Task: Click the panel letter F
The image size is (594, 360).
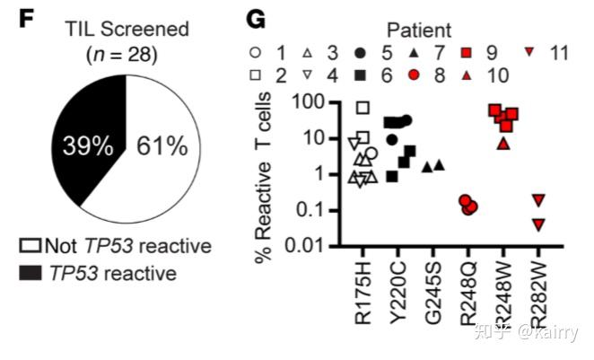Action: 25,17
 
